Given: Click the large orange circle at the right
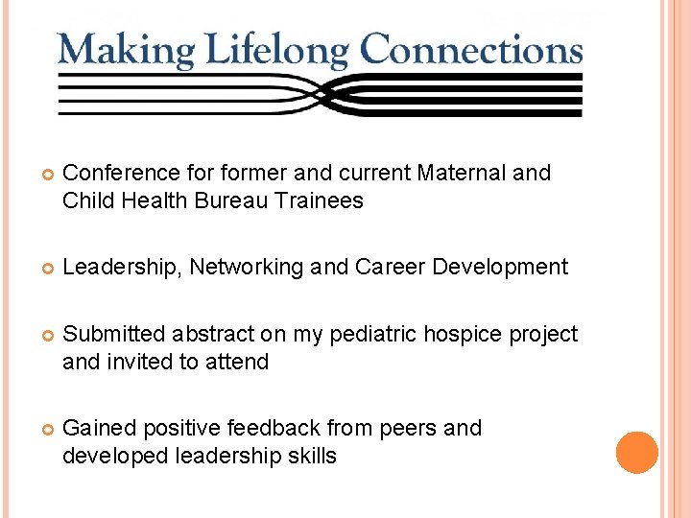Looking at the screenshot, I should pos(637,453).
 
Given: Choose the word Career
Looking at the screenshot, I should pos(391,267).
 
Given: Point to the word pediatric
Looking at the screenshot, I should pos(370,334).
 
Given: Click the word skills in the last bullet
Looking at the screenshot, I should pos(311,456).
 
